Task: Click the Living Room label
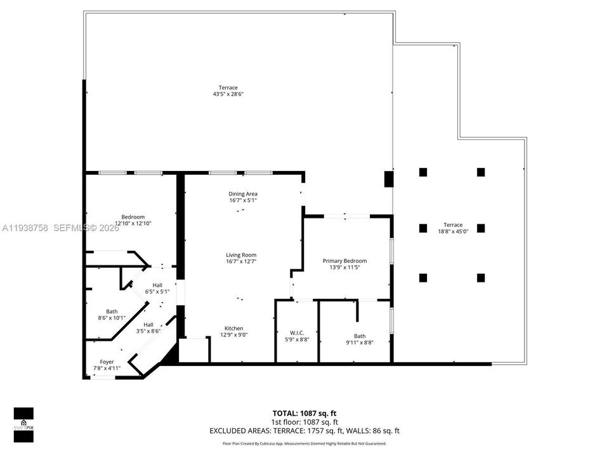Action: pyautogui.click(x=241, y=255)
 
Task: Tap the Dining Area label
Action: pyautogui.click(x=243, y=194)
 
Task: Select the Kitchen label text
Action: pyautogui.click(x=233, y=328)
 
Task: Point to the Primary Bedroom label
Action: pyautogui.click(x=344, y=260)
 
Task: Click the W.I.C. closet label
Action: pyautogui.click(x=296, y=333)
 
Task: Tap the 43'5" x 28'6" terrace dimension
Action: pyautogui.click(x=228, y=94)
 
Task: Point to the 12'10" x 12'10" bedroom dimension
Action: pyautogui.click(x=133, y=224)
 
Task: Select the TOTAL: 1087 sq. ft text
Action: pyautogui.click(x=304, y=413)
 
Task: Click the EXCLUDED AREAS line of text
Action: pyautogui.click(x=304, y=431)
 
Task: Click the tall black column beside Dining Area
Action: pyautogui.click(x=388, y=179)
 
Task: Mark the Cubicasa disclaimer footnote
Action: pyautogui.click(x=304, y=444)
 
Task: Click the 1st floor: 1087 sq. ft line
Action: pyautogui.click(x=304, y=422)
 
